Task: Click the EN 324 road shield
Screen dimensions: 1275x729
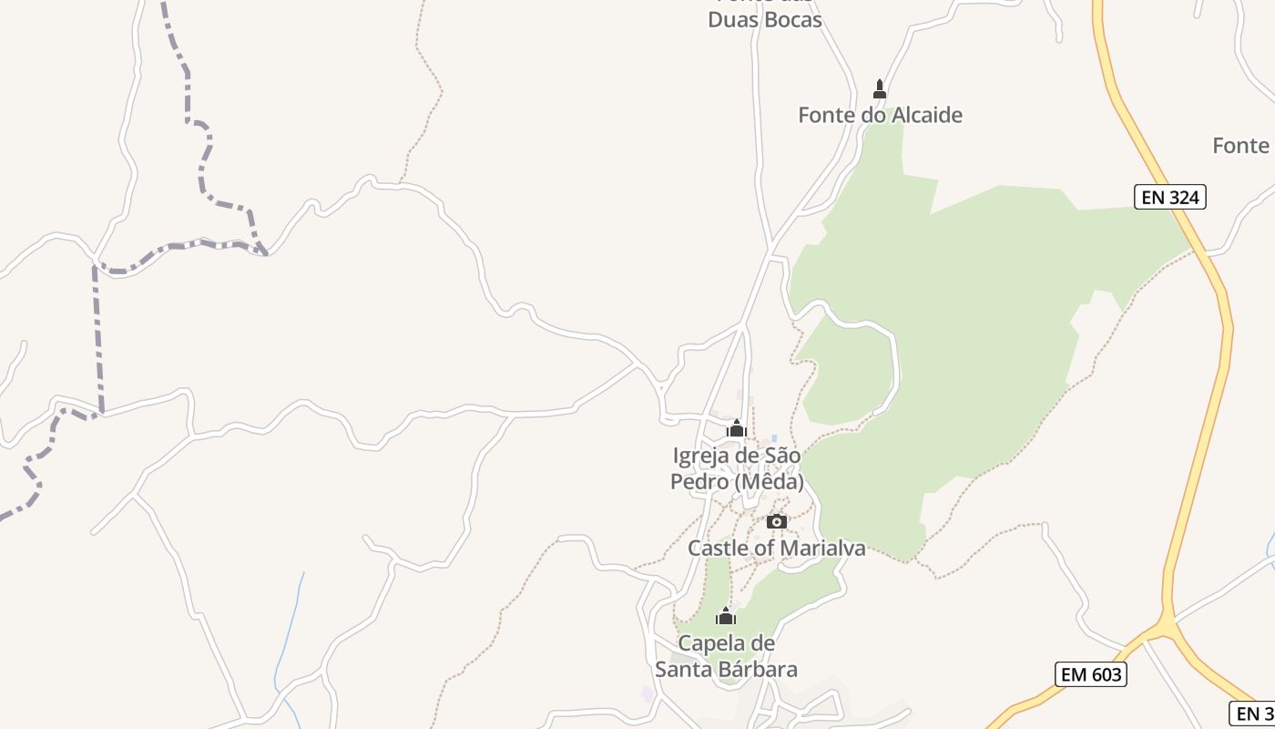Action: tap(1169, 197)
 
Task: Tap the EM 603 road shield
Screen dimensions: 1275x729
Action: tap(1091, 674)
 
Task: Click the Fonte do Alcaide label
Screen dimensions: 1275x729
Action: tap(880, 116)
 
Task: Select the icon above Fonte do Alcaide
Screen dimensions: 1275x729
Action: tap(880, 89)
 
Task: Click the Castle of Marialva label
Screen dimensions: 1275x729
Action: tap(776, 549)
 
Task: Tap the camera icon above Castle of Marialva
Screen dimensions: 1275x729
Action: tap(776, 522)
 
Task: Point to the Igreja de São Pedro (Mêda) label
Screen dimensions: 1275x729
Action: tap(737, 468)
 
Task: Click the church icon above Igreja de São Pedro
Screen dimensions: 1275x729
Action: tap(736, 428)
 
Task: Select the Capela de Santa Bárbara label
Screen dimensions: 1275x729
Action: tap(727, 656)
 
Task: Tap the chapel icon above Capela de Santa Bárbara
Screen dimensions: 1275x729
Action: tap(726, 617)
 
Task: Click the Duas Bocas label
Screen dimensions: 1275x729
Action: tap(765, 20)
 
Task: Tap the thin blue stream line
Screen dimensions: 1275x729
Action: tap(290, 629)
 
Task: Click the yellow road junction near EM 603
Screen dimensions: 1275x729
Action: tap(1164, 627)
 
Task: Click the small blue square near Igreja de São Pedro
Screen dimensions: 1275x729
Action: tap(774, 438)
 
